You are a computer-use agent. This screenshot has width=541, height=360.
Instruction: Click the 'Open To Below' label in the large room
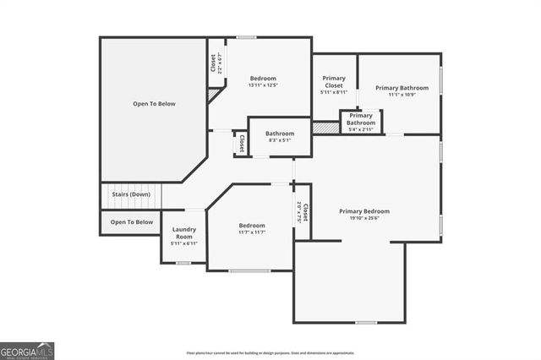(x=154, y=104)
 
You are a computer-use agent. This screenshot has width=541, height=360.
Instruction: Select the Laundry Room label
(x=184, y=232)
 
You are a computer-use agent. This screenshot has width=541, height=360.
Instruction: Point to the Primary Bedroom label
(x=364, y=211)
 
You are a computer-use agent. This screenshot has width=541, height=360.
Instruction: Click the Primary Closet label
(x=334, y=82)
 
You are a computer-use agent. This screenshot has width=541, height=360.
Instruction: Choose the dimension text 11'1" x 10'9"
(x=402, y=95)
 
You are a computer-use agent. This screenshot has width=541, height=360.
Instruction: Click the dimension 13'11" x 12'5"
(x=263, y=85)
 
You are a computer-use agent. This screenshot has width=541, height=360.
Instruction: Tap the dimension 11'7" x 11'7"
(x=252, y=232)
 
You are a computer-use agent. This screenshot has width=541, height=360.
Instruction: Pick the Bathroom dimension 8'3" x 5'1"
(x=279, y=140)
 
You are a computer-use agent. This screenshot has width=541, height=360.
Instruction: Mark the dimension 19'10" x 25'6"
(x=364, y=218)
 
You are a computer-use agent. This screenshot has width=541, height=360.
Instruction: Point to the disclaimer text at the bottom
(x=270, y=353)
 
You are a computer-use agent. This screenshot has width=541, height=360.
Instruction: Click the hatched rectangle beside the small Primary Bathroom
(x=325, y=128)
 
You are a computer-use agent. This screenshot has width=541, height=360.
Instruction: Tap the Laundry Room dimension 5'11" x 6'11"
(x=184, y=244)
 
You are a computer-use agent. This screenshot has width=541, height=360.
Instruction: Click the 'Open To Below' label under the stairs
(x=132, y=222)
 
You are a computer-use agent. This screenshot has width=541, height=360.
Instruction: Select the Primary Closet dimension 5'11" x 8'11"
(x=334, y=93)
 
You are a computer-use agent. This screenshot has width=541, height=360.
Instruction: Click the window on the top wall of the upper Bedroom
(x=246, y=37)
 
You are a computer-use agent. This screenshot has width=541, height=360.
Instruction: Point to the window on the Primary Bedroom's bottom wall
(x=365, y=322)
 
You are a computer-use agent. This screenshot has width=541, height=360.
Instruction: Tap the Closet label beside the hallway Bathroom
(x=242, y=143)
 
